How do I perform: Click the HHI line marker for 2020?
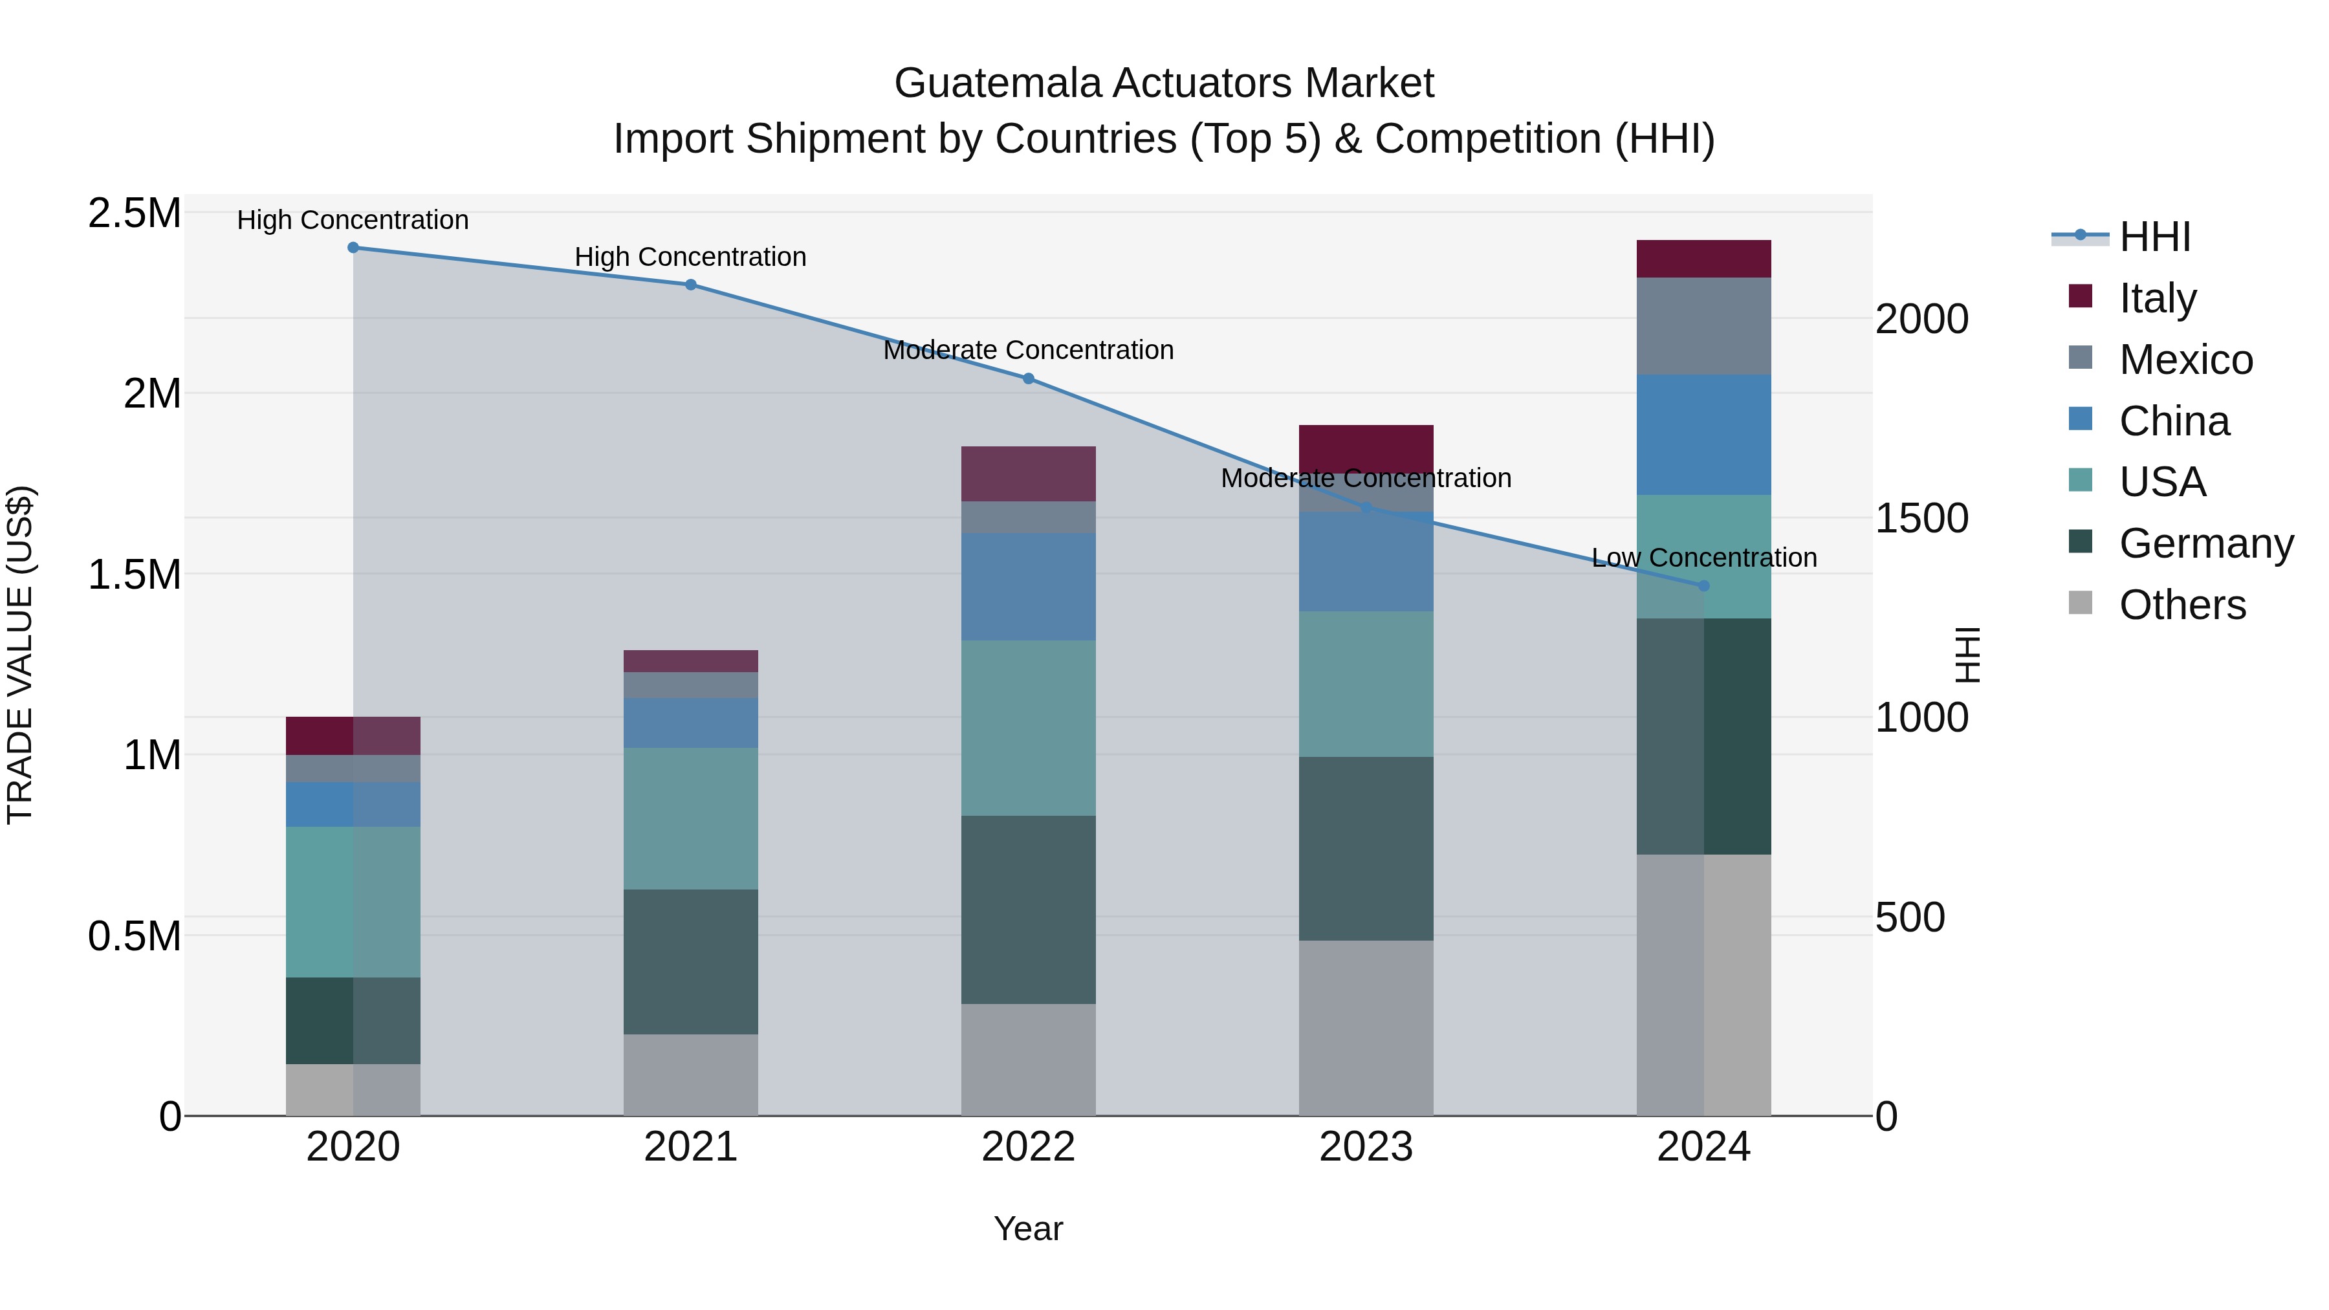[353, 248]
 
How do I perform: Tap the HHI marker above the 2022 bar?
[1028, 379]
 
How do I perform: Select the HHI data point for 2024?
[1703, 586]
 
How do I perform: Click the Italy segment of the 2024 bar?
[1703, 259]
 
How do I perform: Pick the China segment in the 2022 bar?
[1028, 587]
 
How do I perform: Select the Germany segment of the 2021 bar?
[691, 962]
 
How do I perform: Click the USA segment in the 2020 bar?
[353, 902]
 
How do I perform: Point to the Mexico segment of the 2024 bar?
[1703, 327]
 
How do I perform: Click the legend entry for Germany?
[2206, 544]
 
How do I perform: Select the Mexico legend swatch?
[2081, 358]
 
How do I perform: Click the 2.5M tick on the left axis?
[135, 214]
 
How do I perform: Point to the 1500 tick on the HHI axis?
[1921, 519]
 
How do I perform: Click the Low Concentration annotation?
[1703, 558]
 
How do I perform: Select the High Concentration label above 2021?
[691, 257]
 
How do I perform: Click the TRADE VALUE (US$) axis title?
[20, 655]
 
